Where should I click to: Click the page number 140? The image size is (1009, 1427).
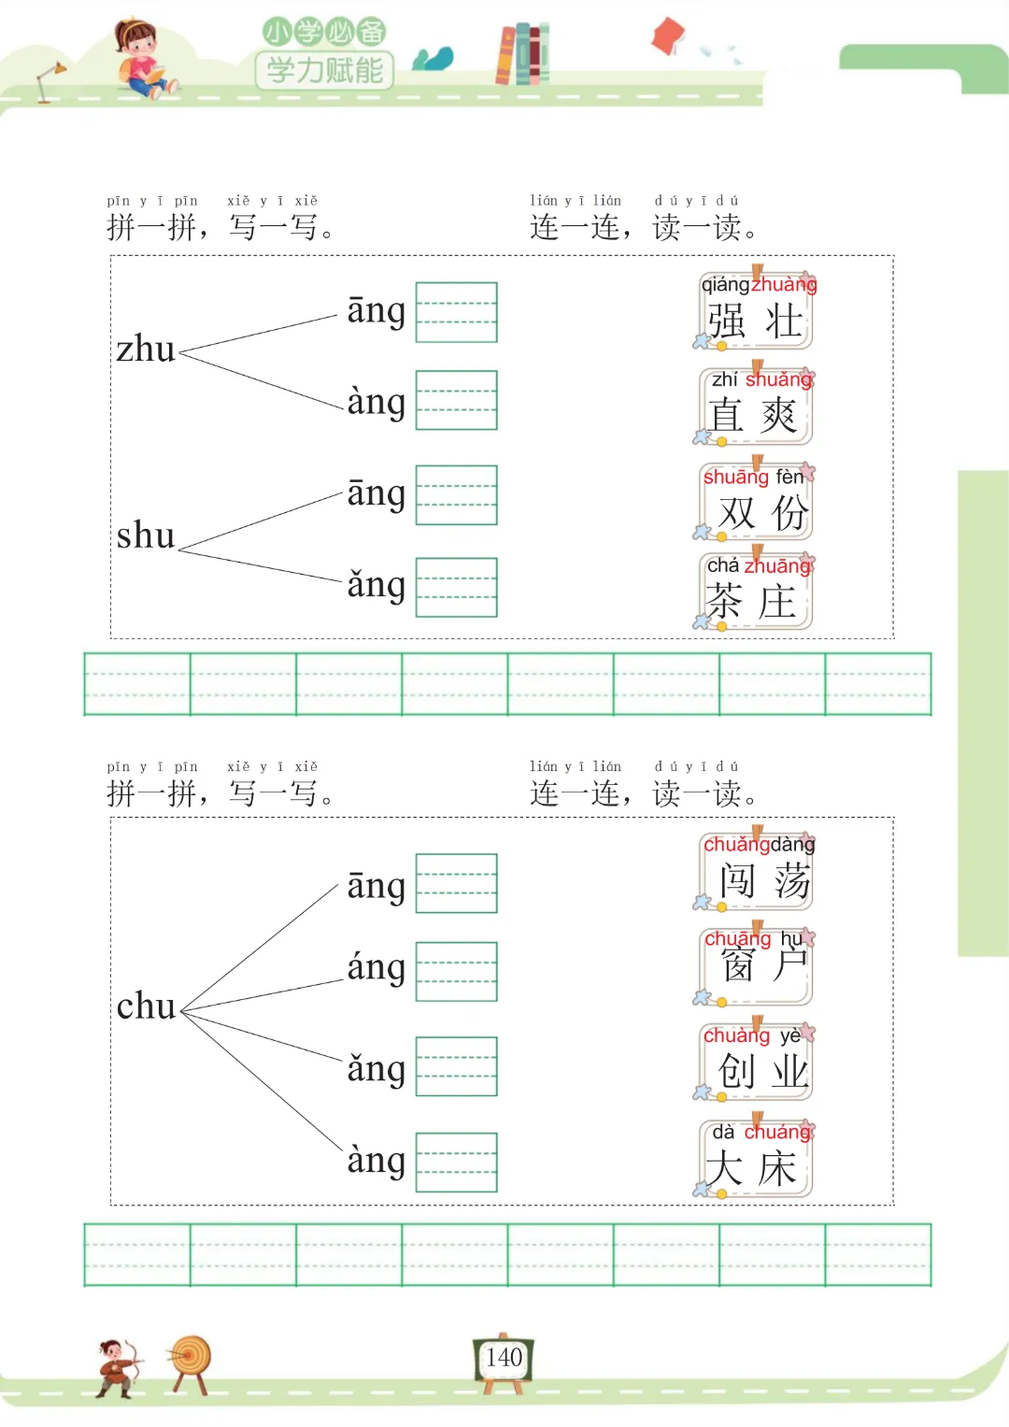point(504,1357)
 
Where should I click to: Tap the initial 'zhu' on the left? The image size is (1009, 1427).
point(146,350)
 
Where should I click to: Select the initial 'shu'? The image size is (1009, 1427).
point(146,535)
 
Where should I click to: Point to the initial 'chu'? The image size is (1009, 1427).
point(146,1006)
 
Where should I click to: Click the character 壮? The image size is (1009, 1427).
point(784,321)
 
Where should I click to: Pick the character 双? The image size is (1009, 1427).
point(736,513)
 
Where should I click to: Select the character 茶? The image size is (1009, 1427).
point(724,602)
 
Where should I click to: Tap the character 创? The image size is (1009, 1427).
point(736,1071)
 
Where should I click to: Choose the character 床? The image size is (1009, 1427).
point(777,1169)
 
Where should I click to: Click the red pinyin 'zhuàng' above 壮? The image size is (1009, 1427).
point(784,284)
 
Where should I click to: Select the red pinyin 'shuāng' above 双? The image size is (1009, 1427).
point(735,477)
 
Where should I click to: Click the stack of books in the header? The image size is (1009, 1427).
point(522,53)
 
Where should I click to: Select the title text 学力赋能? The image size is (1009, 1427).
point(324,70)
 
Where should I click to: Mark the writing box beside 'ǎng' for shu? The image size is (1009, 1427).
point(456,587)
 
